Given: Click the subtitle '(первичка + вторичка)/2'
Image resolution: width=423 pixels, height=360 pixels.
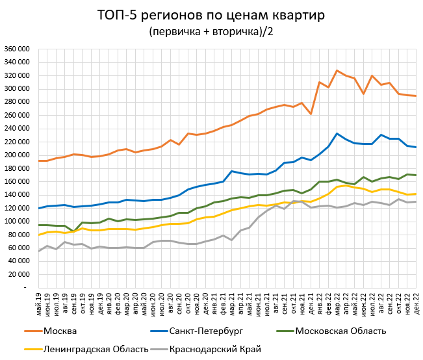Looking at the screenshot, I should click(x=211, y=31).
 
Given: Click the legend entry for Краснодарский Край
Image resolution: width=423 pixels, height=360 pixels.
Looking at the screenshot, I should click(x=216, y=350).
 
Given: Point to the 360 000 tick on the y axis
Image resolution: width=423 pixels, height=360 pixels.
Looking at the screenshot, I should click(x=16, y=49).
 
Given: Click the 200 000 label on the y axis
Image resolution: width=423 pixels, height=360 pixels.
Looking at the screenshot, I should click(x=16, y=155).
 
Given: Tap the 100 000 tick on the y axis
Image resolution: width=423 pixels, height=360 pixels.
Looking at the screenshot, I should click(x=16, y=222).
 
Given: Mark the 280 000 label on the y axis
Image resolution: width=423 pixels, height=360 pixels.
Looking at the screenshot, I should click(x=16, y=102).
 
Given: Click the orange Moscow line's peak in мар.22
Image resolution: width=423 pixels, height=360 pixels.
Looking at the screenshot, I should click(x=337, y=70).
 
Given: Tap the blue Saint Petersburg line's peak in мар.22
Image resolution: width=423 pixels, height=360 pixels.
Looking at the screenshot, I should click(x=337, y=134).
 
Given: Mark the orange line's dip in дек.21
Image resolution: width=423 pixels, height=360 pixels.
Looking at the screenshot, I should click(x=311, y=114).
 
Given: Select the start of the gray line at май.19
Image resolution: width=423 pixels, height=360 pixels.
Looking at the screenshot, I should click(x=40, y=251).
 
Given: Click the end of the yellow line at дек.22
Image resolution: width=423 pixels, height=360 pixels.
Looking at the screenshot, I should click(x=415, y=194).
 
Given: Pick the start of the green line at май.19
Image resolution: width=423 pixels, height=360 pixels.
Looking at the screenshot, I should click(x=40, y=225).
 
